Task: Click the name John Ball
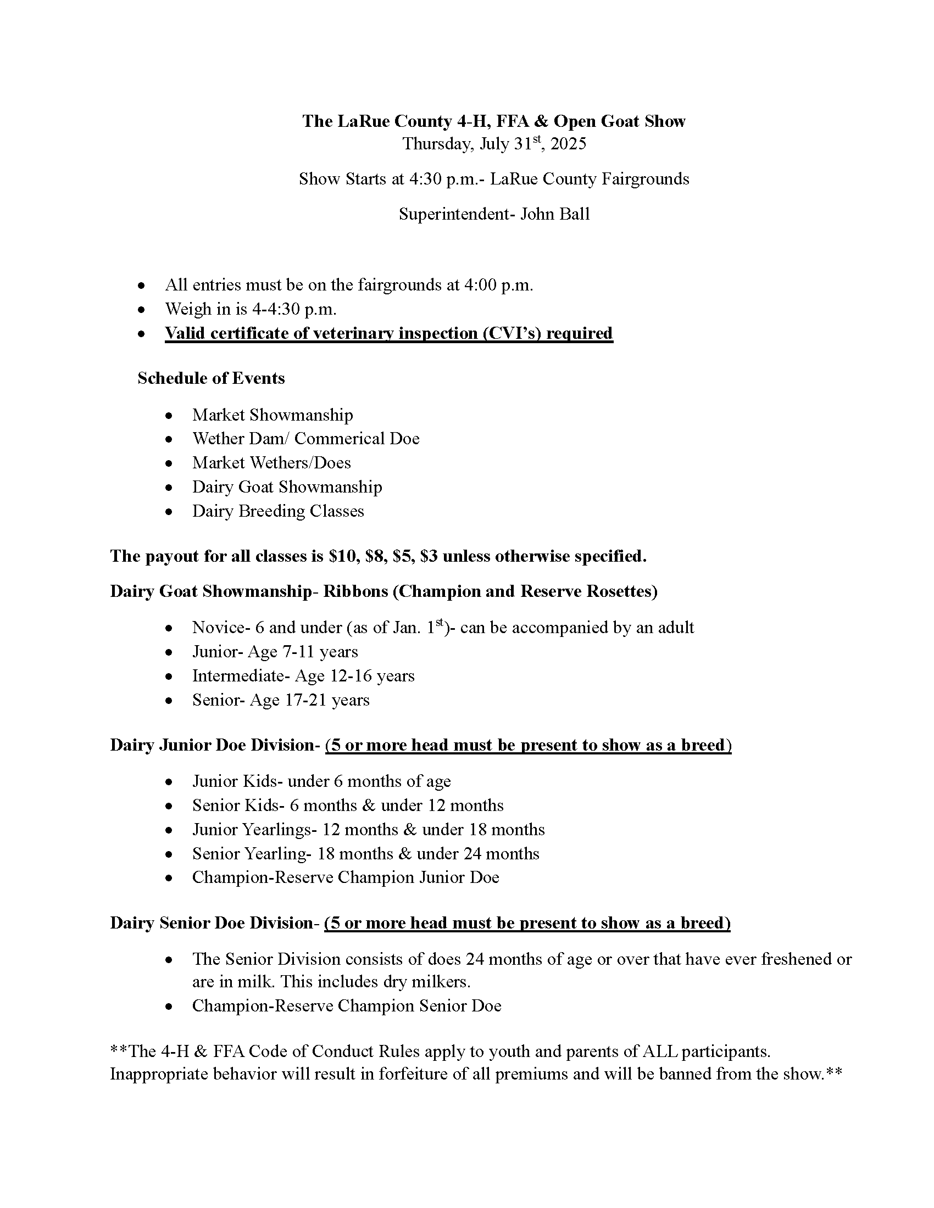click(555, 214)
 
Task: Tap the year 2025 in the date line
click(568, 144)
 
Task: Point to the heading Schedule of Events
click(211, 378)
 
